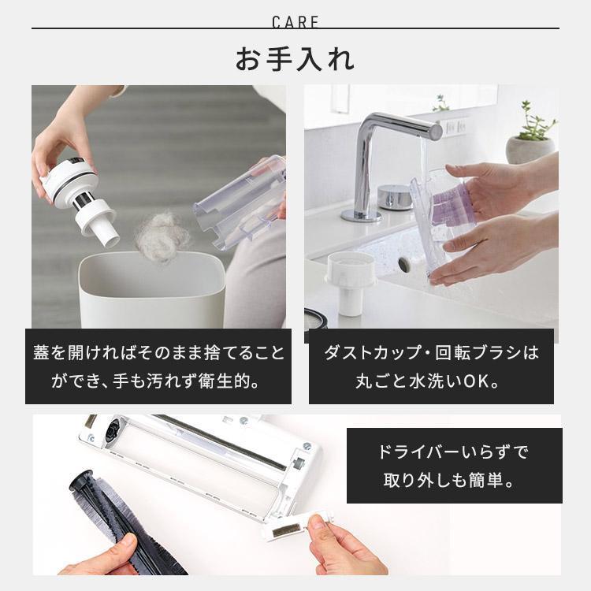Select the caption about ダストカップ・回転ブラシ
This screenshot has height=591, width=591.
coord(431,352)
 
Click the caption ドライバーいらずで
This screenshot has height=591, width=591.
coord(454,452)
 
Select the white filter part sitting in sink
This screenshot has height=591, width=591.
coord(350,283)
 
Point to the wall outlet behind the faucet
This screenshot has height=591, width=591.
coord(455,126)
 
